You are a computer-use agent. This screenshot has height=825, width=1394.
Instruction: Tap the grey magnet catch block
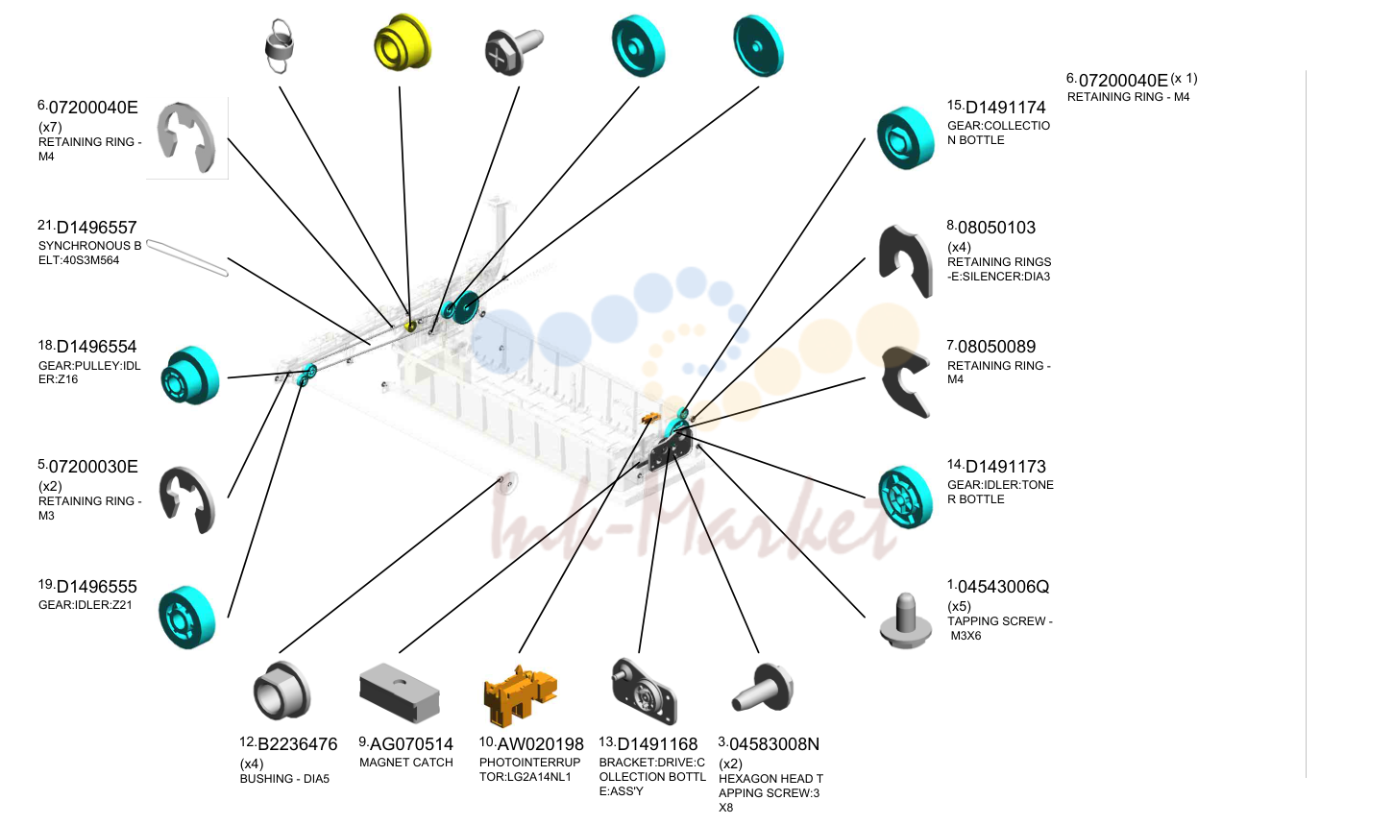click(x=400, y=692)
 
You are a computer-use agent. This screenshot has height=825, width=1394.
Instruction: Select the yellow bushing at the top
click(x=402, y=42)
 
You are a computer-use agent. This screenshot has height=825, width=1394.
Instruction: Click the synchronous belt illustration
click(x=187, y=257)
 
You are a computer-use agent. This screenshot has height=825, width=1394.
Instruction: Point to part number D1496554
click(x=96, y=347)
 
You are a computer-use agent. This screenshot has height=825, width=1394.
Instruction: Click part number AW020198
click(x=540, y=744)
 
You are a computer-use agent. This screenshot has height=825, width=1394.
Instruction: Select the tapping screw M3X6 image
click(x=906, y=621)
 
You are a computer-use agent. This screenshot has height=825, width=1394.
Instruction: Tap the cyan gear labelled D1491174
click(x=906, y=137)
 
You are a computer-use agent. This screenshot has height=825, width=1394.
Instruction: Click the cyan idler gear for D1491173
click(x=906, y=497)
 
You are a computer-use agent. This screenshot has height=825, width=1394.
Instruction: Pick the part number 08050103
click(x=996, y=228)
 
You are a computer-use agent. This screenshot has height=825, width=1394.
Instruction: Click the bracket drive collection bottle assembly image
click(x=644, y=691)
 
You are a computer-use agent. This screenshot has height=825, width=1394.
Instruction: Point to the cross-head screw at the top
click(x=513, y=51)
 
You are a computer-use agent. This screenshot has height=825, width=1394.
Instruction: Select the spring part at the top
click(x=279, y=46)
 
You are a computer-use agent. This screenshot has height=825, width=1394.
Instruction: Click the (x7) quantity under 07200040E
click(x=50, y=127)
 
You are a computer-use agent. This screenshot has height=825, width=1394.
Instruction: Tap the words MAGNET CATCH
click(x=405, y=763)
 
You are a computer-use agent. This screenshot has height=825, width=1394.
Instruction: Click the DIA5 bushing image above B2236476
click(x=281, y=691)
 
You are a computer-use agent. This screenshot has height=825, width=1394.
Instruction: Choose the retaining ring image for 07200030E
click(x=186, y=499)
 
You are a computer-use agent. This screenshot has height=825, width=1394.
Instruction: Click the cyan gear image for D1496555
click(x=186, y=618)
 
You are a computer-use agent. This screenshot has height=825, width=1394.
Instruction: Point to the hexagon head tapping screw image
click(x=763, y=688)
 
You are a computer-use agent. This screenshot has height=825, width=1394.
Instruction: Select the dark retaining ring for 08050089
click(x=906, y=380)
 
